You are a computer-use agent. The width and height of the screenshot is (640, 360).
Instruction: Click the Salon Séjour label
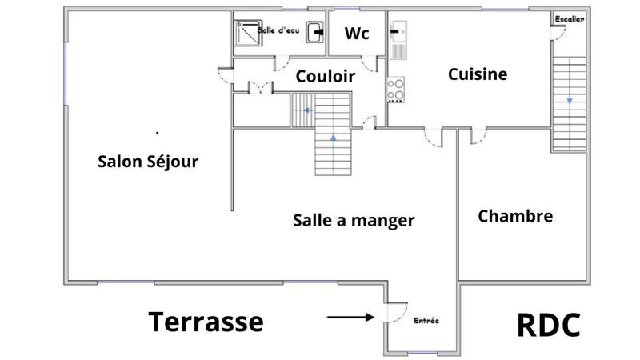click(x=148, y=162)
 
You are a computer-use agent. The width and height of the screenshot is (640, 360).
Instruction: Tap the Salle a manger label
click(x=354, y=220)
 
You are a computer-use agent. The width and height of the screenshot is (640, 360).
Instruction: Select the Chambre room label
click(x=515, y=216)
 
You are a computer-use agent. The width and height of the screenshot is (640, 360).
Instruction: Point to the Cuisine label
click(x=478, y=74)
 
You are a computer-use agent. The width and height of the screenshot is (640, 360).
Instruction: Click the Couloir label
click(x=326, y=76)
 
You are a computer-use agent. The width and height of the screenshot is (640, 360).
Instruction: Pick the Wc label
click(x=356, y=34)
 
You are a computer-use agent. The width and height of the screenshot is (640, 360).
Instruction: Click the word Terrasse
click(x=206, y=322)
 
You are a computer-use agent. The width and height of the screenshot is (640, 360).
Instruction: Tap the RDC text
click(x=548, y=326)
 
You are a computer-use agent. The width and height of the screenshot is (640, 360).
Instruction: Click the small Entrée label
click(x=426, y=321)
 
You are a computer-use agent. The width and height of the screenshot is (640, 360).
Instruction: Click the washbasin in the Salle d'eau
click(x=318, y=32)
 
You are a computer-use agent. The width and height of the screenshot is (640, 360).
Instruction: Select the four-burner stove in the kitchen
click(x=396, y=89)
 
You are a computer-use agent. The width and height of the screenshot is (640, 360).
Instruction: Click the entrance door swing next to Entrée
click(x=398, y=311)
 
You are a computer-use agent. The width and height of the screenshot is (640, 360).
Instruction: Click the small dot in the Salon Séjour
click(x=157, y=132)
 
